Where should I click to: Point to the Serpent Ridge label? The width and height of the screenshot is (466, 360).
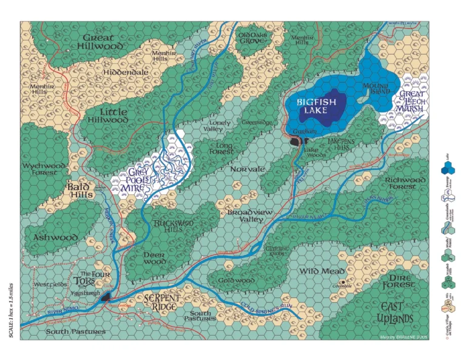pos(161,302)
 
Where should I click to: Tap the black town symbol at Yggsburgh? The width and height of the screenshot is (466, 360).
pos(107,296)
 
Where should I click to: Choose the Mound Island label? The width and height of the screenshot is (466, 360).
pos(376,90)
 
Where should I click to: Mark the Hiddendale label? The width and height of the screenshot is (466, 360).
pos(126,72)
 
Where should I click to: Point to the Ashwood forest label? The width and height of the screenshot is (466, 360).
pos(55,237)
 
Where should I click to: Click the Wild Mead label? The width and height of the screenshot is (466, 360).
pos(322,271)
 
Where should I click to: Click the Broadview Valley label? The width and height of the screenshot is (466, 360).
pos(249,216)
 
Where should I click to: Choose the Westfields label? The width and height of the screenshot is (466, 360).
pos(50,284)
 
